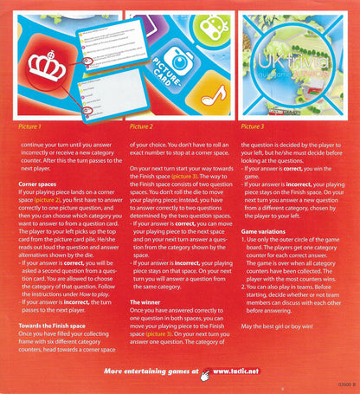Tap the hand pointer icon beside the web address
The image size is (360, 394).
click(206, 374)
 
